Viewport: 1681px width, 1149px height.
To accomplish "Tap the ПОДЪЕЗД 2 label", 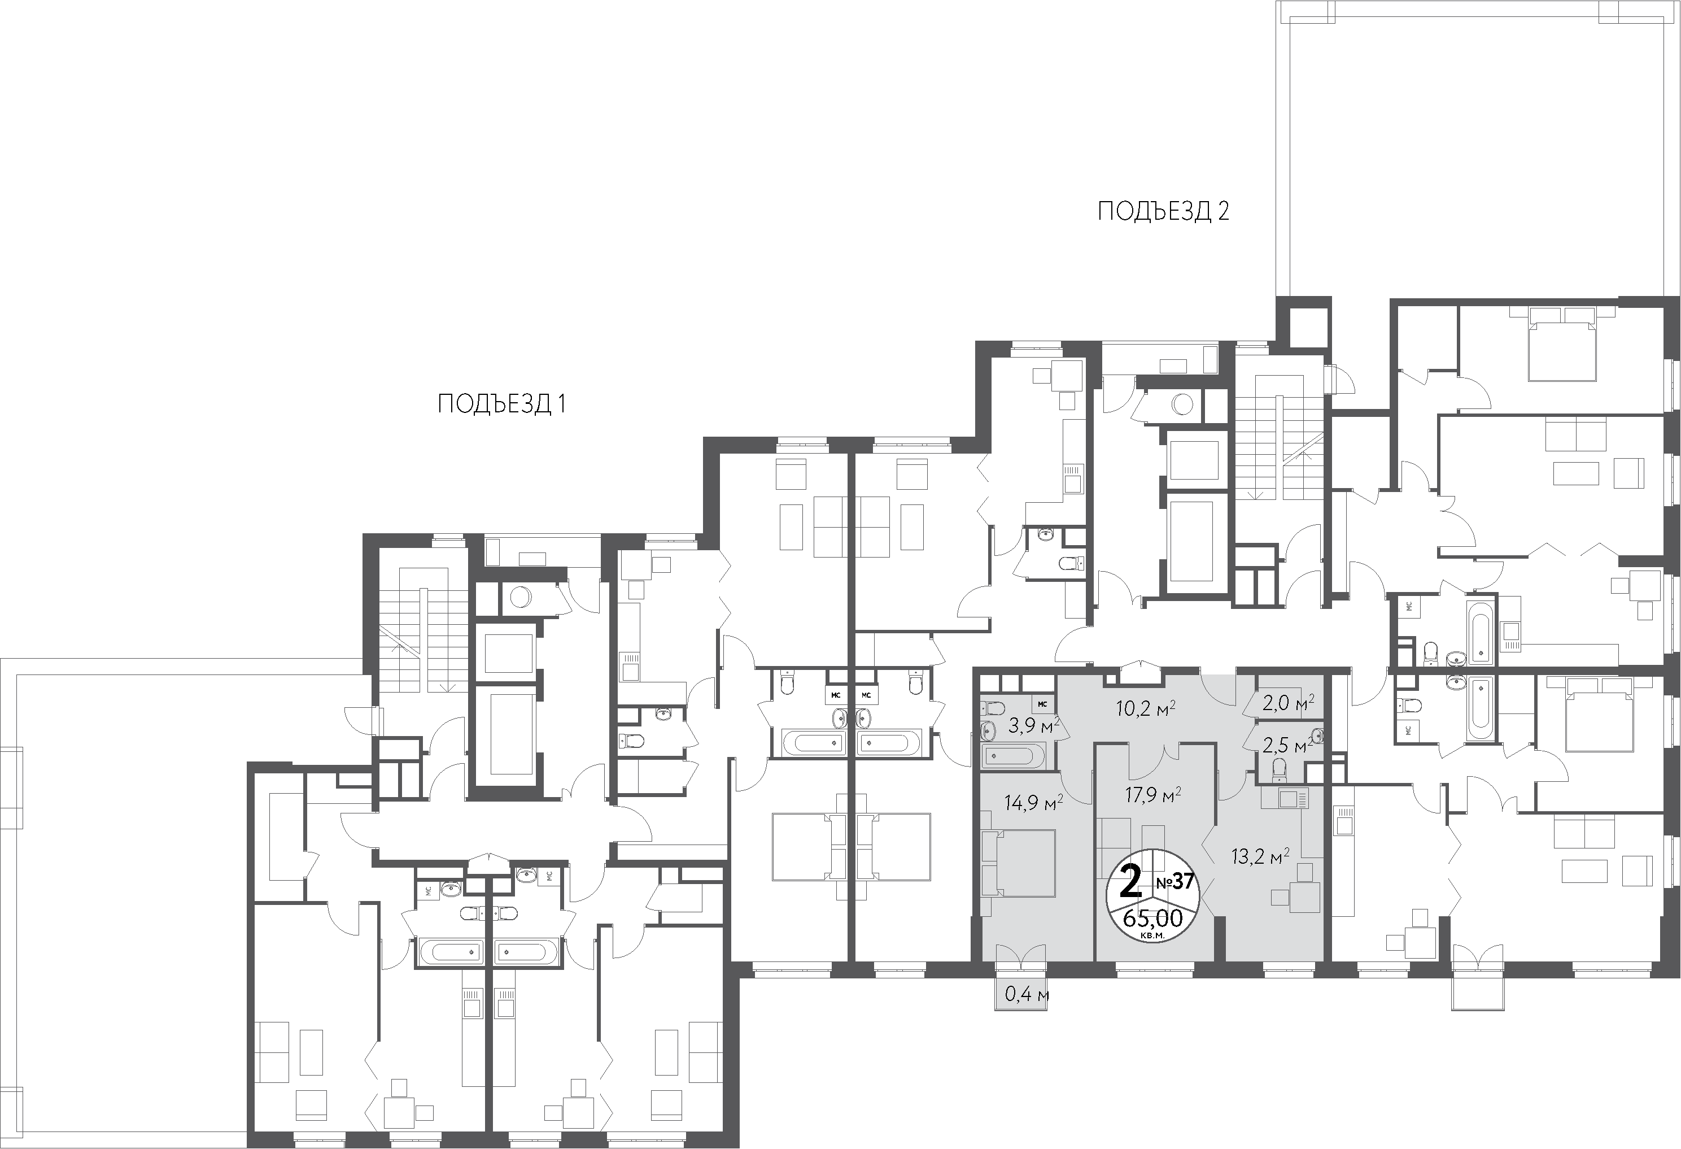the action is pyautogui.click(x=1164, y=211).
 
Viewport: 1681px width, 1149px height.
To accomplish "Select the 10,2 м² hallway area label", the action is pyautogui.click(x=1145, y=707).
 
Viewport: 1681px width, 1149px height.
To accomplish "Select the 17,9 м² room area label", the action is pyautogui.click(x=1153, y=796).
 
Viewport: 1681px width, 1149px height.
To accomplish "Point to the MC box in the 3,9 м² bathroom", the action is pyautogui.click(x=1042, y=704).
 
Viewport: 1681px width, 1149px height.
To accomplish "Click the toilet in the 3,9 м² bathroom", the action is pyautogui.click(x=993, y=706).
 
